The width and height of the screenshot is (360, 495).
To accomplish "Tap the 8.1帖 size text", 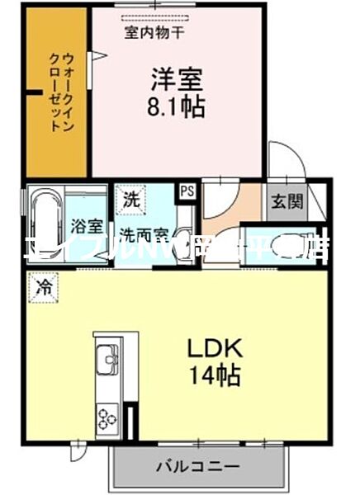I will pos(177,106).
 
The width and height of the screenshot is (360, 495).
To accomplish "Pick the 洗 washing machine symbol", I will pos(130,199).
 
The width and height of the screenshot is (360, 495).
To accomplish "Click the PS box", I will pos(187,190).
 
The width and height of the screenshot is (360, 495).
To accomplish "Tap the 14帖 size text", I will pos(216,376).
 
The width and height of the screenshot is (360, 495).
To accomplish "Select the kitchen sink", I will pos(108,361).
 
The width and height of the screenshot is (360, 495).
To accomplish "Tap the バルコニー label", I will pos(197,466).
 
